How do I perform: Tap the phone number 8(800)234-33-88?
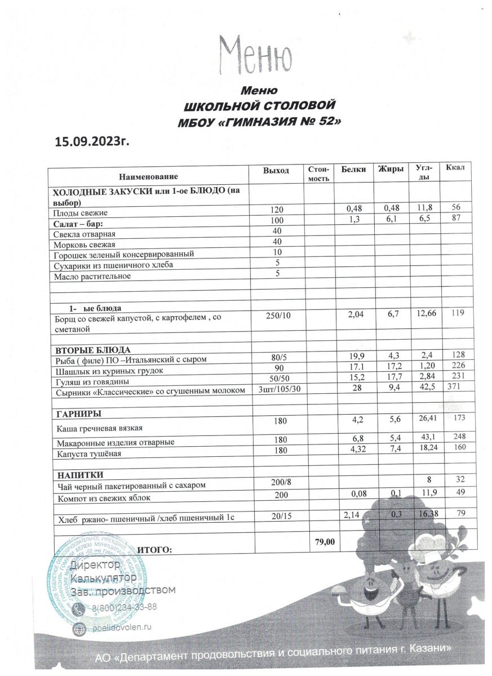(x=124, y=607)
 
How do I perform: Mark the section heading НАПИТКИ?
(x=78, y=474)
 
